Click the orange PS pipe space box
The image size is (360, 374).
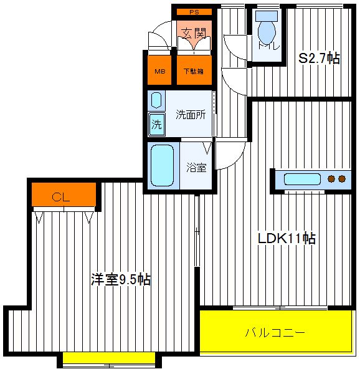click(194, 12)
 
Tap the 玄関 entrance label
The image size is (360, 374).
click(194, 34)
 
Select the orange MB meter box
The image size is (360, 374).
click(159, 70)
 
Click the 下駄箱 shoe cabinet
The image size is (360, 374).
click(194, 70)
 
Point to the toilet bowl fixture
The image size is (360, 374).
click(267, 32)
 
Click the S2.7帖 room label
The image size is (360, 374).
click(320, 58)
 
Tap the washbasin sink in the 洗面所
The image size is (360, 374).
click(156, 100)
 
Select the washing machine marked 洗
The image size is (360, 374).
click(156, 124)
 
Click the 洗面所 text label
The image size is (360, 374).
click(191, 115)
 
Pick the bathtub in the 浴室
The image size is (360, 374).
click(163, 165)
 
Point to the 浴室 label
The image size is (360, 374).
click(196, 167)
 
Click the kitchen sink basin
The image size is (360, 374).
click(302, 180)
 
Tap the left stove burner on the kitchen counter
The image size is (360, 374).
click(331, 179)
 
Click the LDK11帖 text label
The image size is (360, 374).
click(287, 238)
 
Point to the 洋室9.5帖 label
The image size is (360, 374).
click(121, 279)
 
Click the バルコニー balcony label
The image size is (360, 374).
click(275, 333)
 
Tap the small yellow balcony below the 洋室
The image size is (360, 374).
click(109, 358)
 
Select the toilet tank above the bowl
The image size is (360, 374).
click(267, 16)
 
